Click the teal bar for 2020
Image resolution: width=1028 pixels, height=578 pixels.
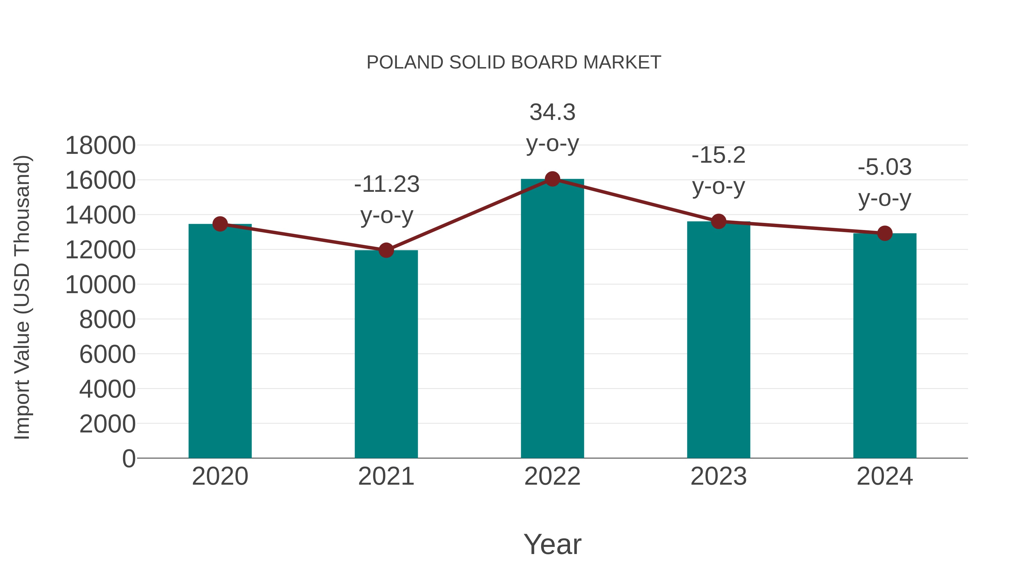click(220, 341)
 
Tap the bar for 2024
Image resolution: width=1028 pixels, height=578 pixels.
click(885, 345)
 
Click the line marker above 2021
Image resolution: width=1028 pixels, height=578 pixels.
click(386, 250)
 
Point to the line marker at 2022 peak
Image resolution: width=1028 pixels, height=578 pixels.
click(552, 179)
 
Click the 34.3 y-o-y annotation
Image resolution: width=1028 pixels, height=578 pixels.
click(552, 128)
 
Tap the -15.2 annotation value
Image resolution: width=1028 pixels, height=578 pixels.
click(718, 155)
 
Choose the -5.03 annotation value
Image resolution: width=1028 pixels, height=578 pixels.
click(885, 167)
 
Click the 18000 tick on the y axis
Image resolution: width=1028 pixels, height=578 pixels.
click(100, 146)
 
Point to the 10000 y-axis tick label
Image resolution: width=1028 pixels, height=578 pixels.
click(100, 285)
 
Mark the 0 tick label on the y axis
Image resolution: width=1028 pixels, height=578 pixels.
click(128, 458)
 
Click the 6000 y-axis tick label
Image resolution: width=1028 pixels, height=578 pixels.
click(107, 354)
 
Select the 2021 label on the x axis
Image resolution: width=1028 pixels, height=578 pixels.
click(386, 476)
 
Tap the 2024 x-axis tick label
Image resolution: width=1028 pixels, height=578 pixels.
click(885, 476)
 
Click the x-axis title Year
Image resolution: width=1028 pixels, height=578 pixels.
click(552, 544)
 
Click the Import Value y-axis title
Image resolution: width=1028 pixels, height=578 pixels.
click(22, 297)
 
